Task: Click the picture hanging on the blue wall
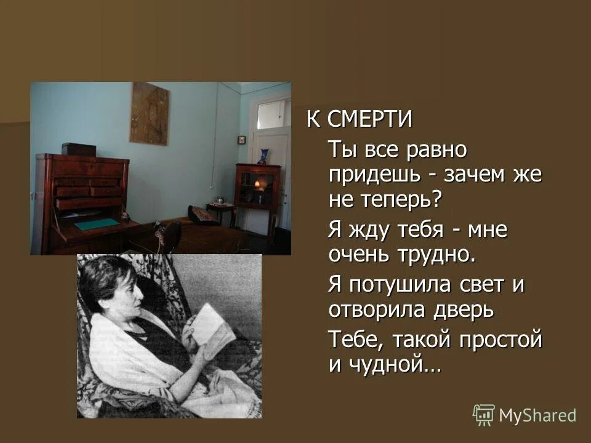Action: click(x=149, y=114)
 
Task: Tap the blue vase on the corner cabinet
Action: click(x=264, y=156)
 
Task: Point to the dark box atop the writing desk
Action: click(x=78, y=149)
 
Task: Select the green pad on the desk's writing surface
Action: click(x=97, y=224)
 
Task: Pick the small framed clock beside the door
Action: click(x=242, y=140)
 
